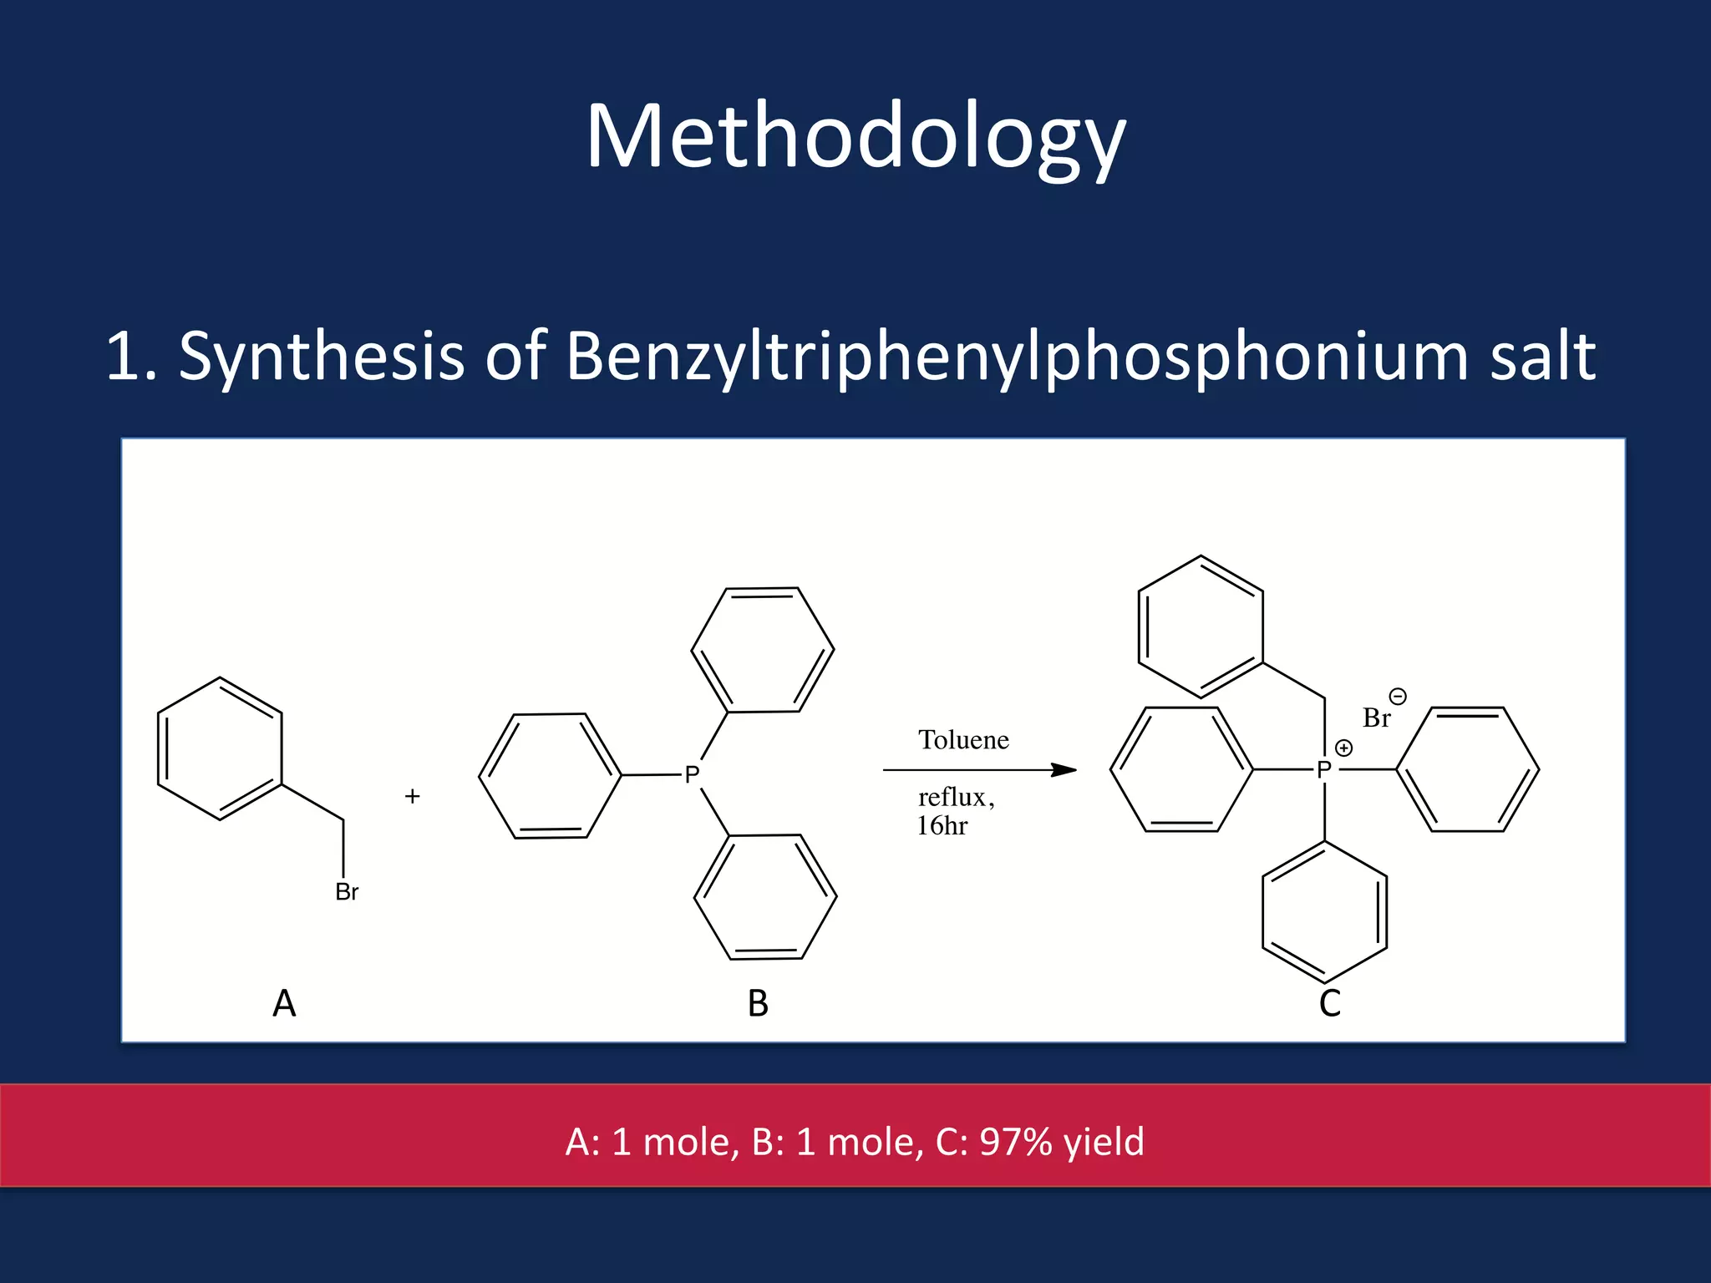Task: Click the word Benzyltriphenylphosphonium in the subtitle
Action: pos(1017,357)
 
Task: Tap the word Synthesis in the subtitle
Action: pos(321,357)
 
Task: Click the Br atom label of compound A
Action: pos(347,892)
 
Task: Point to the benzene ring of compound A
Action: pos(220,748)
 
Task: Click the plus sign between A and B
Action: pos(412,796)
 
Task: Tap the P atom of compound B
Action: pos(692,775)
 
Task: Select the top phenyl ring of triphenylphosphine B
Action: pos(763,650)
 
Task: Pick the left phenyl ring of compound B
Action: pos(550,776)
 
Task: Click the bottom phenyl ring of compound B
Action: pos(765,896)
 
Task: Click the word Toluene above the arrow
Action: pos(963,740)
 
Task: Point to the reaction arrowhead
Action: pos(1064,769)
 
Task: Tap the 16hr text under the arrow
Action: pos(942,826)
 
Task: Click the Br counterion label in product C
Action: pos(1376,718)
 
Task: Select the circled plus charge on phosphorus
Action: pos(1343,748)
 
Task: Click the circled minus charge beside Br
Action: pos(1398,696)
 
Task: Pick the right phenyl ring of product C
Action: pos(1468,769)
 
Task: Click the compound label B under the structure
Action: pos(758,1003)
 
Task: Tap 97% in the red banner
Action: pos(1015,1142)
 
